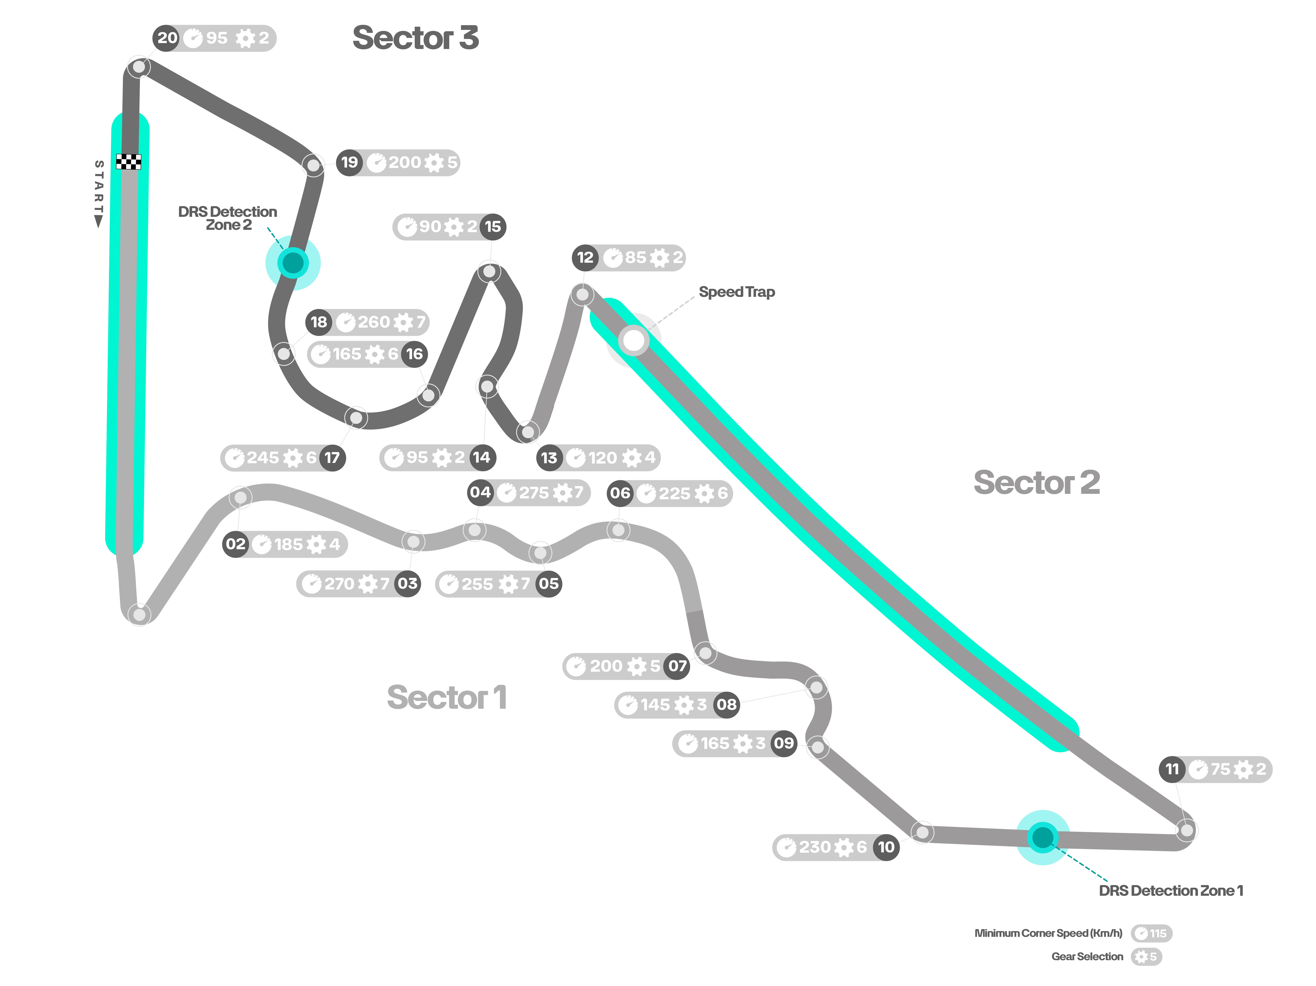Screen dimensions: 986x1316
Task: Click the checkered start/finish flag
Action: tap(128, 162)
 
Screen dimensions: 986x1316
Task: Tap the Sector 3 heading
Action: tap(415, 38)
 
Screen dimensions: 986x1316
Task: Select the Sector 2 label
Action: tap(1036, 482)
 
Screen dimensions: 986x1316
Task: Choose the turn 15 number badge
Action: tap(493, 227)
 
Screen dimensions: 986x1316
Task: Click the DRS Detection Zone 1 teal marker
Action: tap(1042, 837)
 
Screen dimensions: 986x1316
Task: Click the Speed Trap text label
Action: tap(736, 292)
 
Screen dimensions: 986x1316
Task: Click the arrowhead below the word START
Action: tap(99, 222)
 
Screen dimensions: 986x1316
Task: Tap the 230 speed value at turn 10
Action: tap(814, 847)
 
